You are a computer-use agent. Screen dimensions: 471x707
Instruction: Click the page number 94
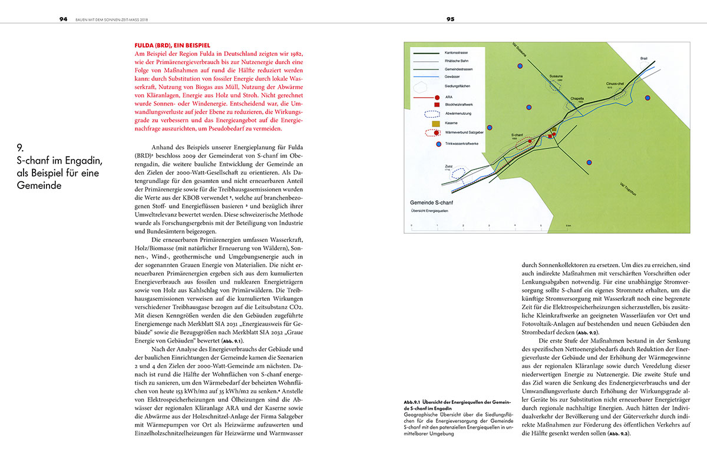click(x=63, y=19)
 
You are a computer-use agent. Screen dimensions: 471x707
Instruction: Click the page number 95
click(x=450, y=19)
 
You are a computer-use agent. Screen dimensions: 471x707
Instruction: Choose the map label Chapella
click(x=578, y=99)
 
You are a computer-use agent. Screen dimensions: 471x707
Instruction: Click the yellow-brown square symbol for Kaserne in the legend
click(x=437, y=124)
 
